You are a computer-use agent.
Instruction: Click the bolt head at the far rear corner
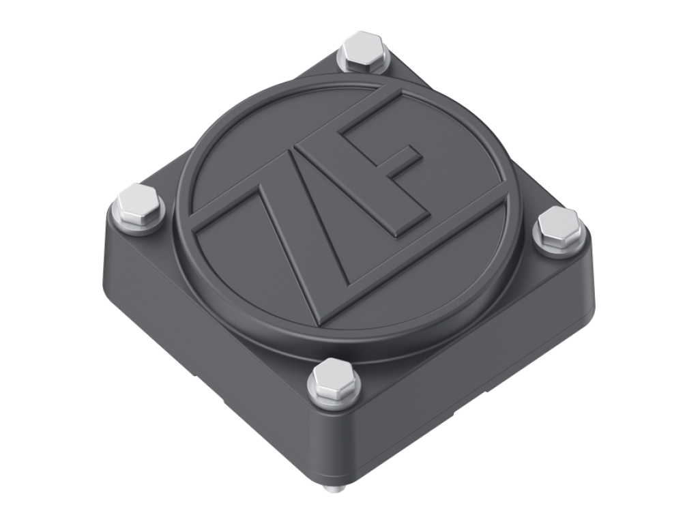(363, 49)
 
